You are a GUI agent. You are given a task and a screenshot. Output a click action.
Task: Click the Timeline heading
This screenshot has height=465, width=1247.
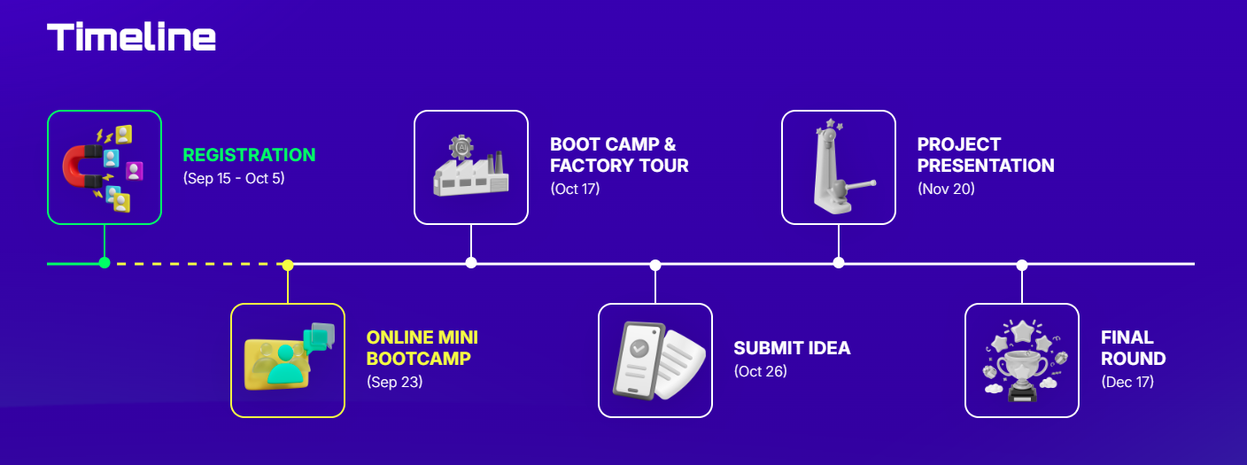(x=131, y=36)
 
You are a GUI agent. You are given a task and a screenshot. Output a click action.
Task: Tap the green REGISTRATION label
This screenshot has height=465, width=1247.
(x=250, y=155)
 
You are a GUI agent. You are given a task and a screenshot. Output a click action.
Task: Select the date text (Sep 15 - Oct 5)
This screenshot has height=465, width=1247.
(x=234, y=178)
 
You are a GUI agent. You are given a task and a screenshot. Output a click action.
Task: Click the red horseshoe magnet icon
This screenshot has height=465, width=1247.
(x=81, y=166)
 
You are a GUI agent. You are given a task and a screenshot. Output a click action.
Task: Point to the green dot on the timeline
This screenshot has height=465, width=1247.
(x=105, y=263)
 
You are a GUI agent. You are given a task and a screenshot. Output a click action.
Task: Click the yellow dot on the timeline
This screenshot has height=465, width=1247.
(x=287, y=265)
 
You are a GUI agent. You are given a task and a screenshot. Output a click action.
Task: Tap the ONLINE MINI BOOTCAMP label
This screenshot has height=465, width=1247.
(x=422, y=347)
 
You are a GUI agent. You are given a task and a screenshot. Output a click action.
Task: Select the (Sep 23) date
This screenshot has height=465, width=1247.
(x=395, y=382)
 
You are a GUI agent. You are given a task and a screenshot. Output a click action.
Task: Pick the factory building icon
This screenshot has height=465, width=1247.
(x=471, y=174)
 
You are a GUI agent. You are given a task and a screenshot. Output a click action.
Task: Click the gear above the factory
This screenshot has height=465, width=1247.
(x=461, y=148)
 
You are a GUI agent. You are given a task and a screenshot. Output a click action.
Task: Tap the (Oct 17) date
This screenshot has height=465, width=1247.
(x=575, y=189)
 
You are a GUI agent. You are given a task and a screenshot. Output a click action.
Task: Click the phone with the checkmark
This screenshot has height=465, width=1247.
(x=639, y=360)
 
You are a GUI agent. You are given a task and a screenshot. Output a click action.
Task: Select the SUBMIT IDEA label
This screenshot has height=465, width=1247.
(x=792, y=348)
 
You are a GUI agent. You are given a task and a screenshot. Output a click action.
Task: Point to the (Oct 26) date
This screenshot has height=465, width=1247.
(x=761, y=371)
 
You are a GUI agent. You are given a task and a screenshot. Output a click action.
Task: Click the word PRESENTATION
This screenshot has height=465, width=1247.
(x=986, y=166)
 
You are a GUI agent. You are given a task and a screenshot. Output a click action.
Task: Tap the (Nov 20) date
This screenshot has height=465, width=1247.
(x=947, y=189)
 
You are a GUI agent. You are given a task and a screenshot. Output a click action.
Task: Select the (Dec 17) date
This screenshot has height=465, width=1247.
(x=1127, y=382)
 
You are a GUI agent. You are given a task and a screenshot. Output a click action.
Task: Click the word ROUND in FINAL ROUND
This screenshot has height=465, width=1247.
(x=1134, y=359)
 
